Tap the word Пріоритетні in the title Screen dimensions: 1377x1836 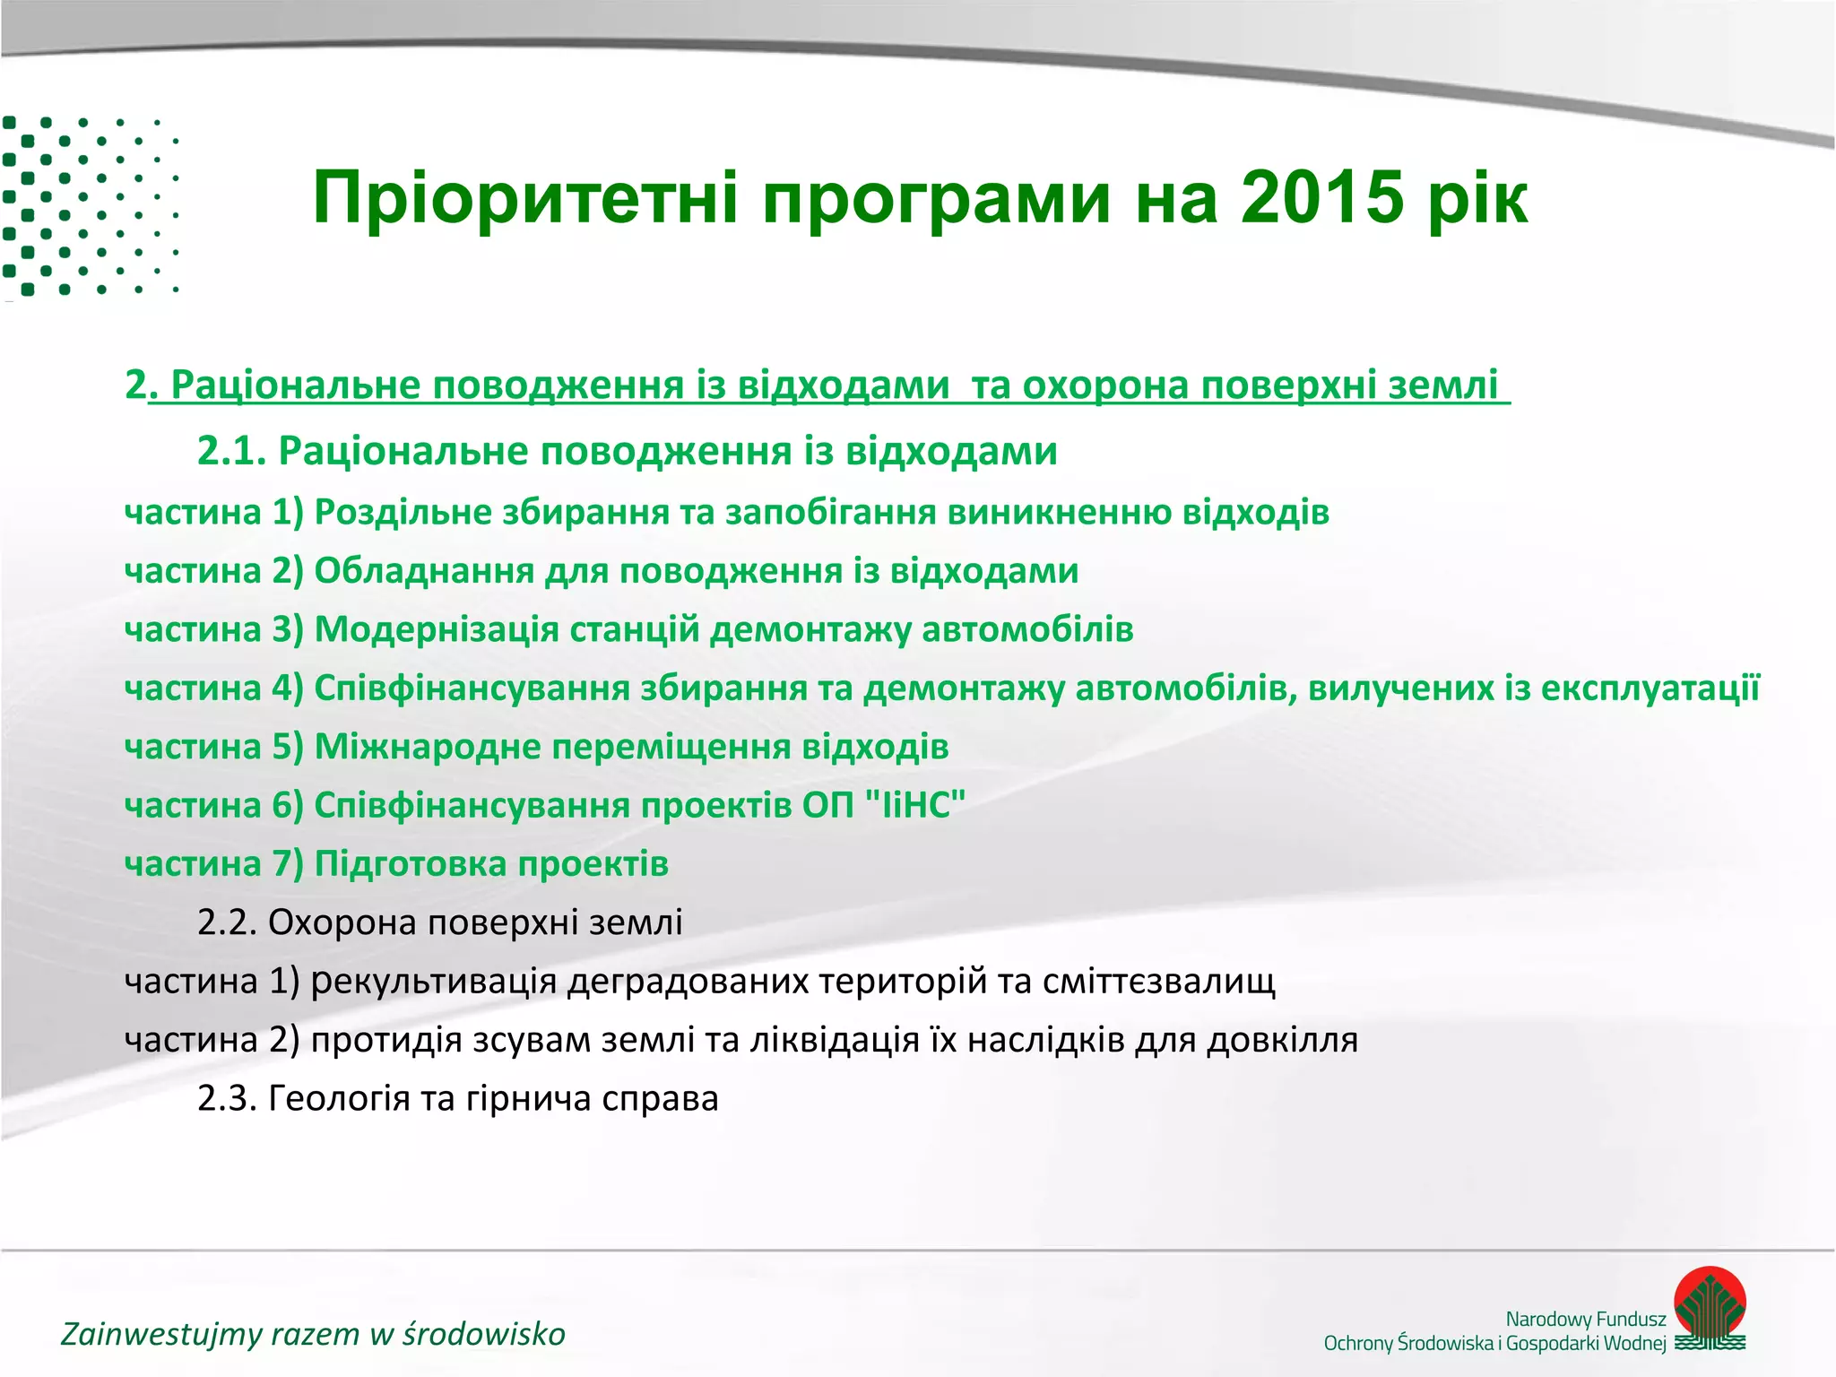[x=525, y=198]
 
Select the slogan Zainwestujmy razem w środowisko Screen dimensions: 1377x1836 [x=313, y=1334]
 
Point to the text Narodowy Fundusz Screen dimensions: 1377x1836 [x=1585, y=1319]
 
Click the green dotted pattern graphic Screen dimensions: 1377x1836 [x=90, y=206]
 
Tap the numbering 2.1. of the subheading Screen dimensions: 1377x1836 [x=231, y=451]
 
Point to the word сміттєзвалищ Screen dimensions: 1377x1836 [x=1158, y=982]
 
